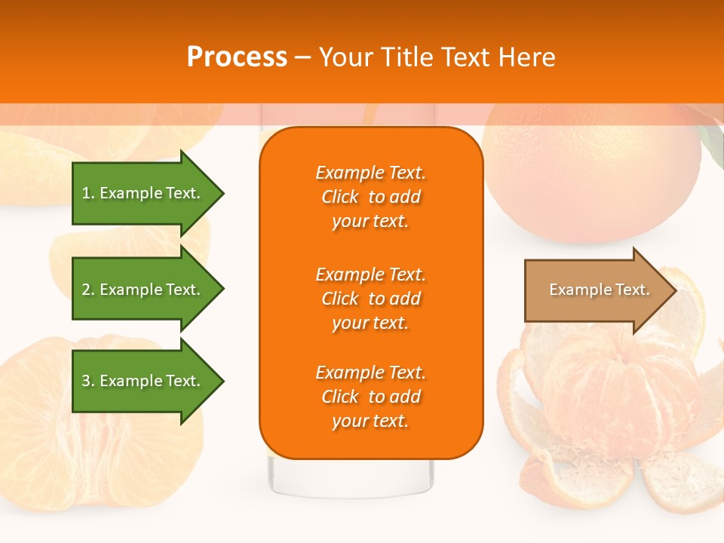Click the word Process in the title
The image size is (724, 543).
[x=237, y=57]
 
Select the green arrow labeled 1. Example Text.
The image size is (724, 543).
[x=143, y=193]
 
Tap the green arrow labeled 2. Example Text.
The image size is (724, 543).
[x=143, y=290]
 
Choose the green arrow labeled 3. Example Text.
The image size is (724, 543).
[x=143, y=381]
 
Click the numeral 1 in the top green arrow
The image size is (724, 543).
[x=86, y=193]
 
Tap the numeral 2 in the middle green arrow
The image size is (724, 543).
[x=86, y=290]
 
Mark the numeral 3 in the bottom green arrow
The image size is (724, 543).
[x=86, y=381]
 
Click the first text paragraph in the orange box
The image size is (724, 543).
[x=370, y=197]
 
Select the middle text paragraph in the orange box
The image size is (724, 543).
[x=370, y=299]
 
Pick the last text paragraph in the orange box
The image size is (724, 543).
[x=370, y=397]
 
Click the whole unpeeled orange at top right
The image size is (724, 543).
[x=592, y=173]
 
